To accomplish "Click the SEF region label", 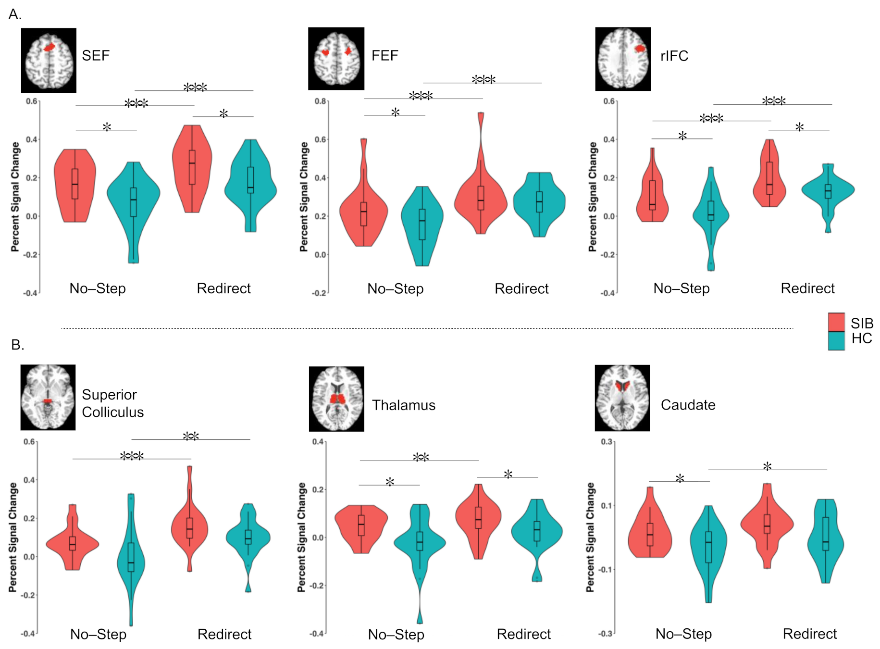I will tap(95, 56).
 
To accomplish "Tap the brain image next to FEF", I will tap(336, 59).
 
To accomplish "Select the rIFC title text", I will tap(674, 56).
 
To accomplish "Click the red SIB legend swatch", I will tap(836, 322).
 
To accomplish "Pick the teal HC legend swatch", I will tap(836, 341).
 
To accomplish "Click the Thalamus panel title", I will tap(403, 405).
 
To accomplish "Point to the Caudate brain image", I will tap(622, 398).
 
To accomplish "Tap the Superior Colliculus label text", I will tap(112, 403).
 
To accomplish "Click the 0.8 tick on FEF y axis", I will tap(320, 101).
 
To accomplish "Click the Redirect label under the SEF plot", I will tap(223, 288).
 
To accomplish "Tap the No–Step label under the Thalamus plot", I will tap(396, 635).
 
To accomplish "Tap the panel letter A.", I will tap(14, 14).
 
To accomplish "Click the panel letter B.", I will tap(17, 345).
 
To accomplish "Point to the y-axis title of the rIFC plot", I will tap(593, 197).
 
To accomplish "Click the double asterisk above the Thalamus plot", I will tap(421, 457).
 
